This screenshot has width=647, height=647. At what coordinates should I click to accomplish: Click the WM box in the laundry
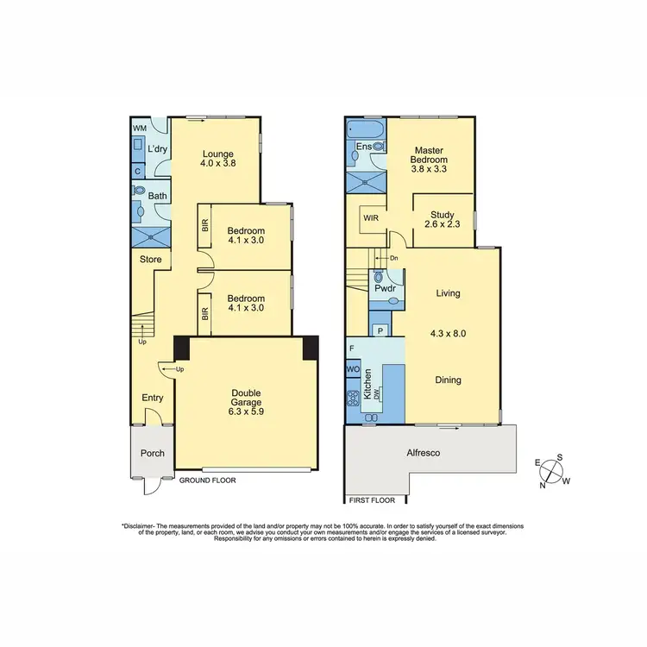pos(138,128)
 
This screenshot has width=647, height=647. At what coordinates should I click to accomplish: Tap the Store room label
pos(151,260)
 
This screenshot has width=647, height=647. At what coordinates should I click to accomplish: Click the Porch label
pos(152,454)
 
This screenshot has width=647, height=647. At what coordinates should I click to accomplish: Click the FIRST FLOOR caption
pos(371,499)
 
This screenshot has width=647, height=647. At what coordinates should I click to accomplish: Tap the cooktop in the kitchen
pos(353,399)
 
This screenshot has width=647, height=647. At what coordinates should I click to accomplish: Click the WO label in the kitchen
pos(352,369)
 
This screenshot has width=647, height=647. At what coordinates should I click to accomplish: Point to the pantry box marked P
pos(380,330)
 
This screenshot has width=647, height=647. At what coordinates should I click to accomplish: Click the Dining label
pos(448,380)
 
